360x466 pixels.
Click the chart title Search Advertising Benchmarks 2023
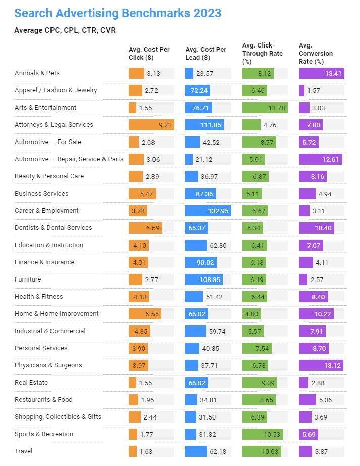[x=118, y=13]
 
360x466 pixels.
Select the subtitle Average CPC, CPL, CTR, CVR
[x=65, y=30]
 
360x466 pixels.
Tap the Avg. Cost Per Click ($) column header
[x=149, y=53]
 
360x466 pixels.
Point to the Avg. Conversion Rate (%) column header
[x=316, y=53]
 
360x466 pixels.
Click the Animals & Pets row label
[x=37, y=73]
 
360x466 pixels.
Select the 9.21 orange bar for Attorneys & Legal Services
[x=151, y=125]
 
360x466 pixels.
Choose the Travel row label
[x=23, y=451]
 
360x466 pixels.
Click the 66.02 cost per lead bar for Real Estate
[x=197, y=383]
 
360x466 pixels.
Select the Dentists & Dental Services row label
[x=53, y=228]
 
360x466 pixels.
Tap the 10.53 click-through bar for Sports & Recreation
[x=263, y=434]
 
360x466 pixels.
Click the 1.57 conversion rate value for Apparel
[x=315, y=90]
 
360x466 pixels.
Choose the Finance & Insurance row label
[x=44, y=262]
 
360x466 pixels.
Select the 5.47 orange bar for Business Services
[x=142, y=194]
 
